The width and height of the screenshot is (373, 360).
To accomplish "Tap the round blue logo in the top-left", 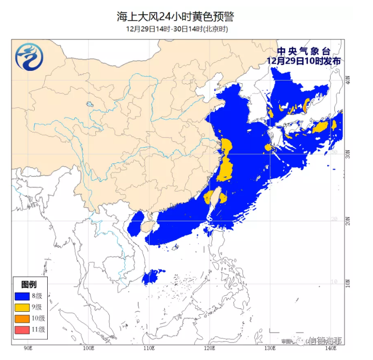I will [30, 57].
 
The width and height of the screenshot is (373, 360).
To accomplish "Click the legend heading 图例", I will [28, 284].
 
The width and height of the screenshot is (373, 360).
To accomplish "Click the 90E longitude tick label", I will [28, 347].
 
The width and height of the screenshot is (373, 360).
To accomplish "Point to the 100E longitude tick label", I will [88, 347].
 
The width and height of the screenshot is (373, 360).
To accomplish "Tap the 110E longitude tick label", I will [148, 347].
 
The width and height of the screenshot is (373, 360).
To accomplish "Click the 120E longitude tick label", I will [209, 347].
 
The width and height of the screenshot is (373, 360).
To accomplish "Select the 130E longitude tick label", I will [269, 347].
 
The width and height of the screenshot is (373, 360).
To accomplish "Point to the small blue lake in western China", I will [89, 104].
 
